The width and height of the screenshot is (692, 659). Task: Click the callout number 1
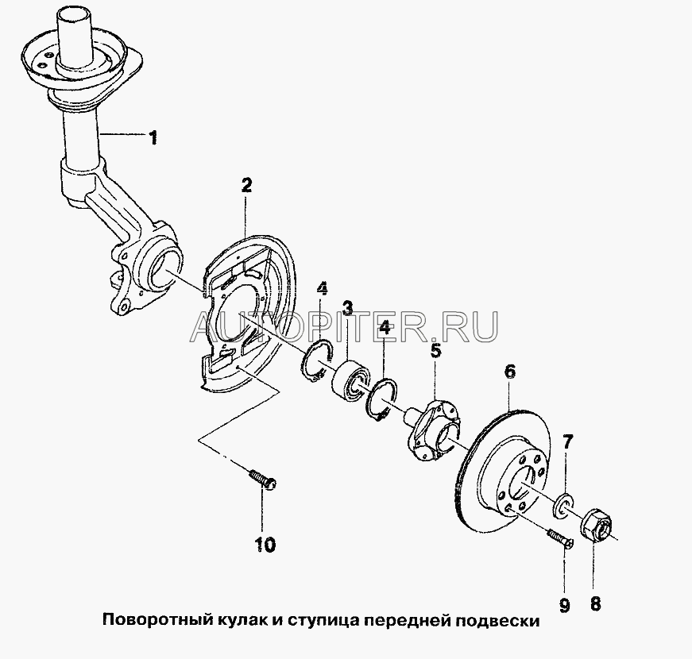coord(153,138)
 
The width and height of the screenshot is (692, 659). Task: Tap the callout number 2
coord(246,185)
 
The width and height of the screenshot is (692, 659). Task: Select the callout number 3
coord(348,308)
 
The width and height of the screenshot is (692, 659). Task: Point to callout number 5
coord(435,352)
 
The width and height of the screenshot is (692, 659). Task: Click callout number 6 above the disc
coord(510,372)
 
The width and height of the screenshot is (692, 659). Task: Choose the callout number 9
coord(564,605)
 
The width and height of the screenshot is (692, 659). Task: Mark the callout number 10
coord(265,545)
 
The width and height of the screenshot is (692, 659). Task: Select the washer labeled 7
coord(562,504)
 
